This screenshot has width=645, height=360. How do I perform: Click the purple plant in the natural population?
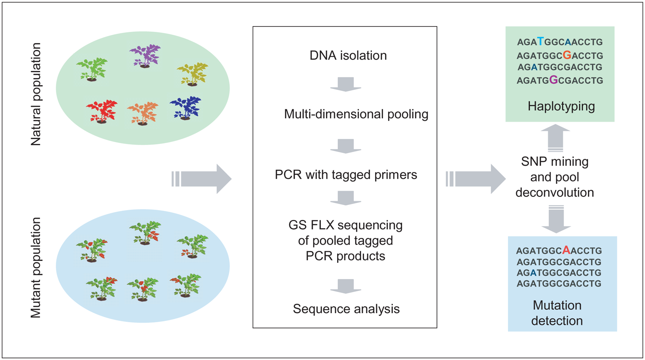click(145, 56)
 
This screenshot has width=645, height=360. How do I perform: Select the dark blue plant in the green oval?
click(186, 108)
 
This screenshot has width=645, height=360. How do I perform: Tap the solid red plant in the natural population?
click(102, 111)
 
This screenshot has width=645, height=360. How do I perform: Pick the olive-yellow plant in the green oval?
click(192, 74)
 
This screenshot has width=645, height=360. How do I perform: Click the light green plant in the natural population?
click(92, 70)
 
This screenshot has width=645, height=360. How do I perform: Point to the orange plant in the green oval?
click(143, 113)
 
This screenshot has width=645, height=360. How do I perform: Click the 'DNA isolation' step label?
click(348, 55)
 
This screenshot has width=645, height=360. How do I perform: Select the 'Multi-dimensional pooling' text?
click(356, 114)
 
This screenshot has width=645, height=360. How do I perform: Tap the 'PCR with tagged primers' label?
click(346, 175)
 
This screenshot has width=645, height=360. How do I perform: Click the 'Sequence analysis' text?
click(346, 309)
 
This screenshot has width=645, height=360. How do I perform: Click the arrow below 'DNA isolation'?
click(346, 84)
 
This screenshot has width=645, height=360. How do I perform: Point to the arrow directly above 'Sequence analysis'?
click(346, 286)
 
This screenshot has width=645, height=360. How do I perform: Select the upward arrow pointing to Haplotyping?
click(555, 137)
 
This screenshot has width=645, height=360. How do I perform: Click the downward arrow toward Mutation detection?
click(556, 219)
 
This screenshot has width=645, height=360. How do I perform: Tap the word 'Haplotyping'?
click(561, 107)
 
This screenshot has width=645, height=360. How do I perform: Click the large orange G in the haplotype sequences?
click(567, 55)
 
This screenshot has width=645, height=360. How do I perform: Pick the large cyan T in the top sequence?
click(541, 42)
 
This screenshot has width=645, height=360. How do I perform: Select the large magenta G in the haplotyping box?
click(554, 79)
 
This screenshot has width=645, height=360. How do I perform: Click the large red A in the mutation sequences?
click(566, 250)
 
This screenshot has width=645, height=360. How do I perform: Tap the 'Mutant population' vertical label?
click(36, 268)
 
